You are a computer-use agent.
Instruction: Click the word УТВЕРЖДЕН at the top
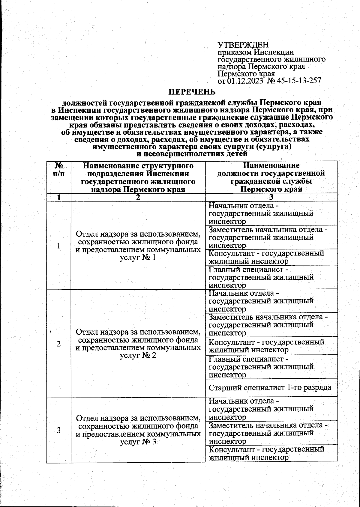243,45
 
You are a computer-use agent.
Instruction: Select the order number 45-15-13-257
299,81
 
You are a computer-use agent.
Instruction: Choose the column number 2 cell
138,197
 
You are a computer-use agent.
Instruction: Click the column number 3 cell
271,197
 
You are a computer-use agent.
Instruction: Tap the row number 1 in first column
59,246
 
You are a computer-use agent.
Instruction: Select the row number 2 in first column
59,344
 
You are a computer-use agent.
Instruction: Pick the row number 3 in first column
59,430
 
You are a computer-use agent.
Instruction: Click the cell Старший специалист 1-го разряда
270,388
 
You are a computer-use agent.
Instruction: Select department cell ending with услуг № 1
138,246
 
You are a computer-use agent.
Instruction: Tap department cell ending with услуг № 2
138,344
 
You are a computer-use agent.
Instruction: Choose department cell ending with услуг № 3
138,430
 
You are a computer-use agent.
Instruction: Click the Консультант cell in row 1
266,257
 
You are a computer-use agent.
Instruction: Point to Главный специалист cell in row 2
261,367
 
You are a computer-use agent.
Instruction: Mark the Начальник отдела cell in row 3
261,409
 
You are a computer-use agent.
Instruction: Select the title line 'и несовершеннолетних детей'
192,154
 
